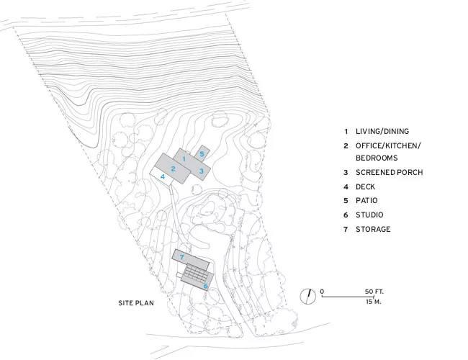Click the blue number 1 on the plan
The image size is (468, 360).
[184, 159]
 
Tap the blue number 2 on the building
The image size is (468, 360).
[173, 169]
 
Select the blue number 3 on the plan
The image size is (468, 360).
[202, 171]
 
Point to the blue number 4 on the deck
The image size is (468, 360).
[163, 176]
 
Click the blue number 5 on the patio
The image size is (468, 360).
[202, 154]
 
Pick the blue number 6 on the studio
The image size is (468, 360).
[206, 286]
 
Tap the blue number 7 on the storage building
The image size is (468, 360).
[181, 257]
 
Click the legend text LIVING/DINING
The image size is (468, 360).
[382, 131]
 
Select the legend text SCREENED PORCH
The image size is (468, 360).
[390, 172]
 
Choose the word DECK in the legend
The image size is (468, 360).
[365, 187]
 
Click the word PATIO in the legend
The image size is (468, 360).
[366, 201]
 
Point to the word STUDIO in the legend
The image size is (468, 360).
[369, 215]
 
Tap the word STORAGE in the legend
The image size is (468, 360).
[373, 229]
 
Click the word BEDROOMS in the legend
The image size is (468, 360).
[377, 158]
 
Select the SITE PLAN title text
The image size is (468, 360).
[136, 303]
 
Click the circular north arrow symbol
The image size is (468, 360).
[307, 297]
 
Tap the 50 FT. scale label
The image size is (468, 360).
[374, 292]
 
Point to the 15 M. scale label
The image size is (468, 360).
[374, 302]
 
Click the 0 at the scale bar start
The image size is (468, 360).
[322, 292]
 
